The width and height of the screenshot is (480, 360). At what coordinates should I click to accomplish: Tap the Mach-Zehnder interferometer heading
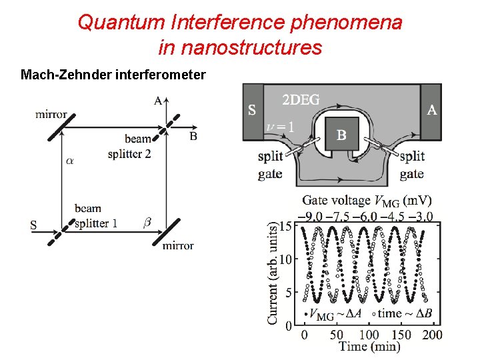(113, 75)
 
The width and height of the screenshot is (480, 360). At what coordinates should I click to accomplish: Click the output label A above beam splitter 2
(157, 101)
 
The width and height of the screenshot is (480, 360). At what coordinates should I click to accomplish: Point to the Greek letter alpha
(70, 161)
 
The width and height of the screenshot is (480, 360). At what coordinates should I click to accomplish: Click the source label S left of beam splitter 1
(33, 225)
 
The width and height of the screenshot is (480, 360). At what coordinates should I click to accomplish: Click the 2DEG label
(301, 101)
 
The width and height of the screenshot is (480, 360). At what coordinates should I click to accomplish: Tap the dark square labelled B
(341, 135)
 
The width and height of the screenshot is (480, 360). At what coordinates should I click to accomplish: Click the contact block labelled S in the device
(252, 111)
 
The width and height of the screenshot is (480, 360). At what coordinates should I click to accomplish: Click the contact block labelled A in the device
(431, 111)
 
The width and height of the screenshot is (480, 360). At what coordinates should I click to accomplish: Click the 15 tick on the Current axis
(285, 227)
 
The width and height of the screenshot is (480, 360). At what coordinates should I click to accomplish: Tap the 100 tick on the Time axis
(369, 335)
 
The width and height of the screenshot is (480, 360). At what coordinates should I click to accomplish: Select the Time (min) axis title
(369, 347)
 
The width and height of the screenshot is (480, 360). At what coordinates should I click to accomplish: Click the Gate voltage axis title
(367, 201)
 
